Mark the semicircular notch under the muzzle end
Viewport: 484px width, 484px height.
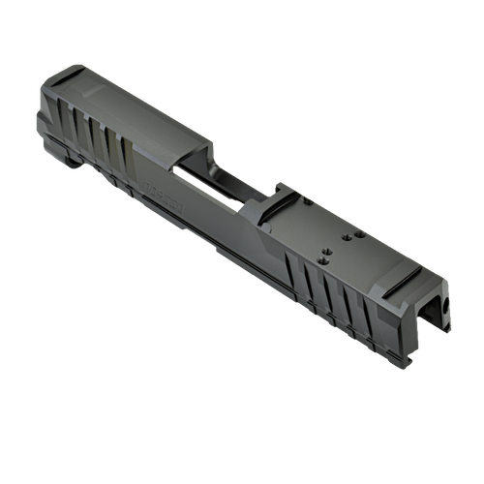73,163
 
